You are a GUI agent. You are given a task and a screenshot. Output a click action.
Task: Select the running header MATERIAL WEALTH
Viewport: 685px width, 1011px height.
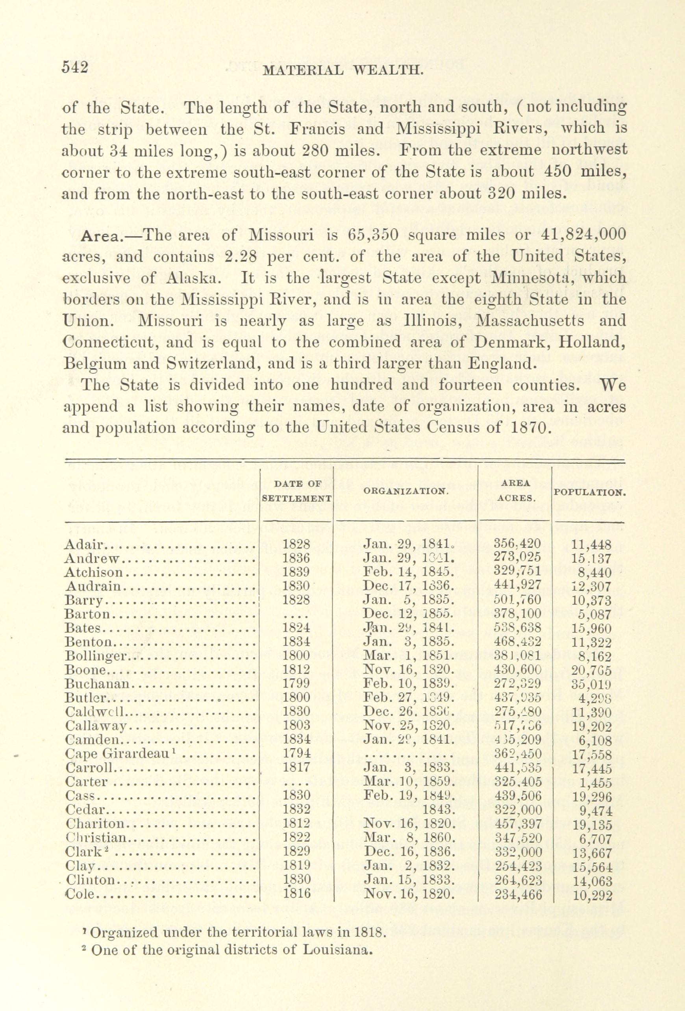click(343, 70)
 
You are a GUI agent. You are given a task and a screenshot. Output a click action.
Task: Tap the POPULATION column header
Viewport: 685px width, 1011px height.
click(589, 493)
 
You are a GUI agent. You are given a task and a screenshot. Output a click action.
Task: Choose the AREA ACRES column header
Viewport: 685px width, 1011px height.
click(515, 491)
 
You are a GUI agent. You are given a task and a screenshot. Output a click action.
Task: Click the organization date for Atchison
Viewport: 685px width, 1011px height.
click(409, 572)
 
